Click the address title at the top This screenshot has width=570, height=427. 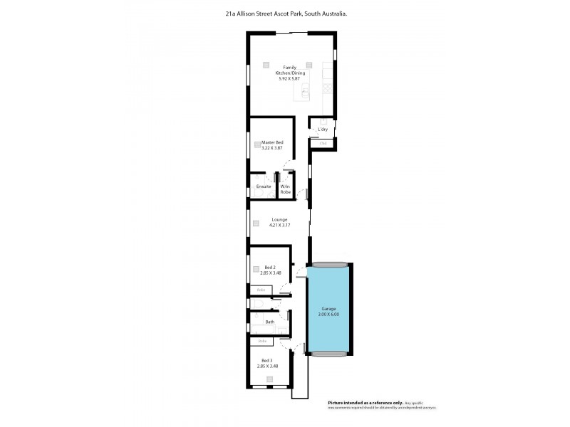pyautogui.click(x=285, y=13)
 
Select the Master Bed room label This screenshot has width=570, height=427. pyautogui.click(x=272, y=142)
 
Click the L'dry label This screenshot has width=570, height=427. pyautogui.click(x=323, y=130)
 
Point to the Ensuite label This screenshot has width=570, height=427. pyautogui.click(x=264, y=186)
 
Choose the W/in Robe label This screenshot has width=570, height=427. pyautogui.click(x=285, y=189)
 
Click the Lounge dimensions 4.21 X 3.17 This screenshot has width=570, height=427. pyautogui.click(x=279, y=226)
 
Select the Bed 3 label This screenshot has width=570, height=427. pyautogui.click(x=266, y=361)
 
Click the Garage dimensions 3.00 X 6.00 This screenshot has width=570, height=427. pyautogui.click(x=328, y=314)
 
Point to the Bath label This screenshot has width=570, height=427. pyautogui.click(x=270, y=322)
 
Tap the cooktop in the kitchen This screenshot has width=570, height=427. pyautogui.click(x=328, y=88)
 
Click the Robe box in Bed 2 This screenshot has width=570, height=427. pyautogui.click(x=261, y=290)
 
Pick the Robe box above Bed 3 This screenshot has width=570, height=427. pyautogui.click(x=262, y=341)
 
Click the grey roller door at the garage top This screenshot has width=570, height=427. pyautogui.click(x=328, y=264)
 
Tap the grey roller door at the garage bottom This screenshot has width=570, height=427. pyautogui.click(x=328, y=353)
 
